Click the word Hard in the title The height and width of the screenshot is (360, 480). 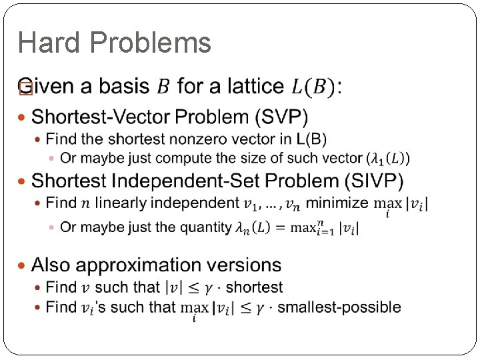[x=49, y=43]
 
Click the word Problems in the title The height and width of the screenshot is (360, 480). [x=150, y=43]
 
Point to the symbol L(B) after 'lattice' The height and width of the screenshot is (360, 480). [x=315, y=87]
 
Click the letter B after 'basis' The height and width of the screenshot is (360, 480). [x=163, y=87]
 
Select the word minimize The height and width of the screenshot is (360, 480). [x=337, y=203]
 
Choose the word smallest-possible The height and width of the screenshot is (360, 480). [x=339, y=307]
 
